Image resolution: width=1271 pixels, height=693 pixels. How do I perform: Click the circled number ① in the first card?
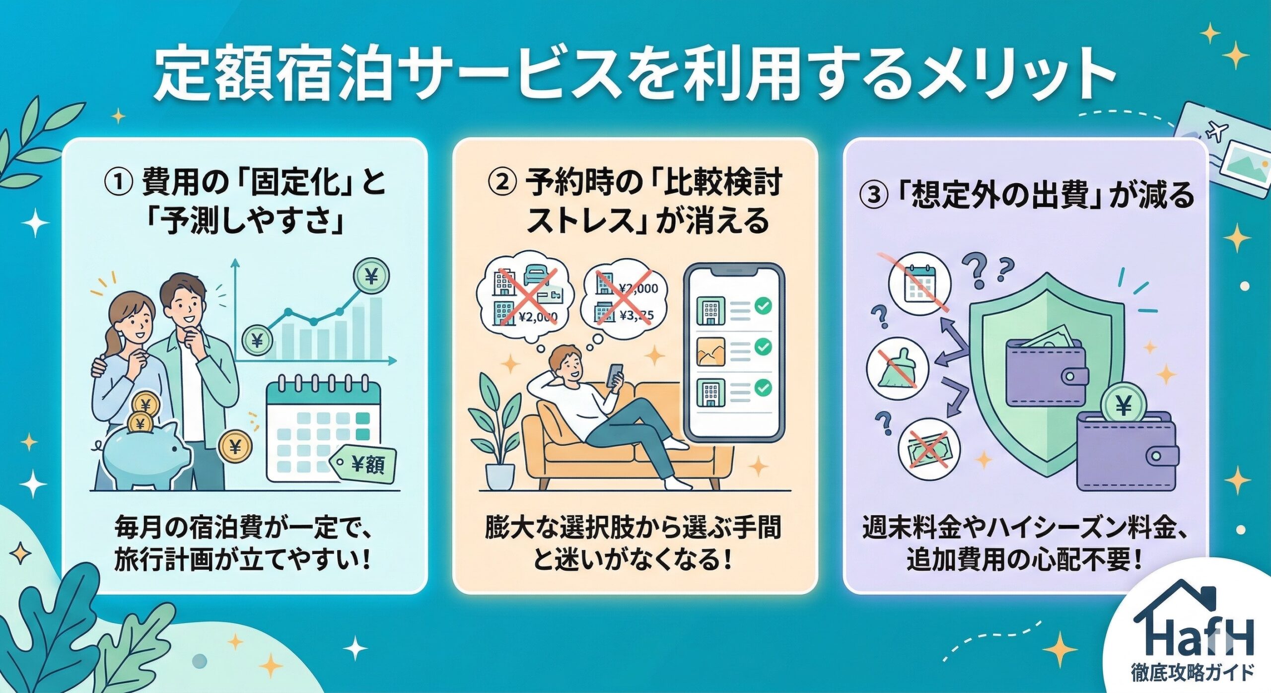[119, 183]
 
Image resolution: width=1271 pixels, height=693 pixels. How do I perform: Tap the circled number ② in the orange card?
[502, 183]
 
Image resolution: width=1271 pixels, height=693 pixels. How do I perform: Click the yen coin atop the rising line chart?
[371, 276]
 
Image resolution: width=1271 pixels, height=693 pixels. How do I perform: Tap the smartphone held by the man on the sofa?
[615, 375]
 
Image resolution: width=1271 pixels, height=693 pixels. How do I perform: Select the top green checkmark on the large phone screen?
[763, 306]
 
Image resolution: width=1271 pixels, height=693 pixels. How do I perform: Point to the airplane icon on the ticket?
[1216, 131]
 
